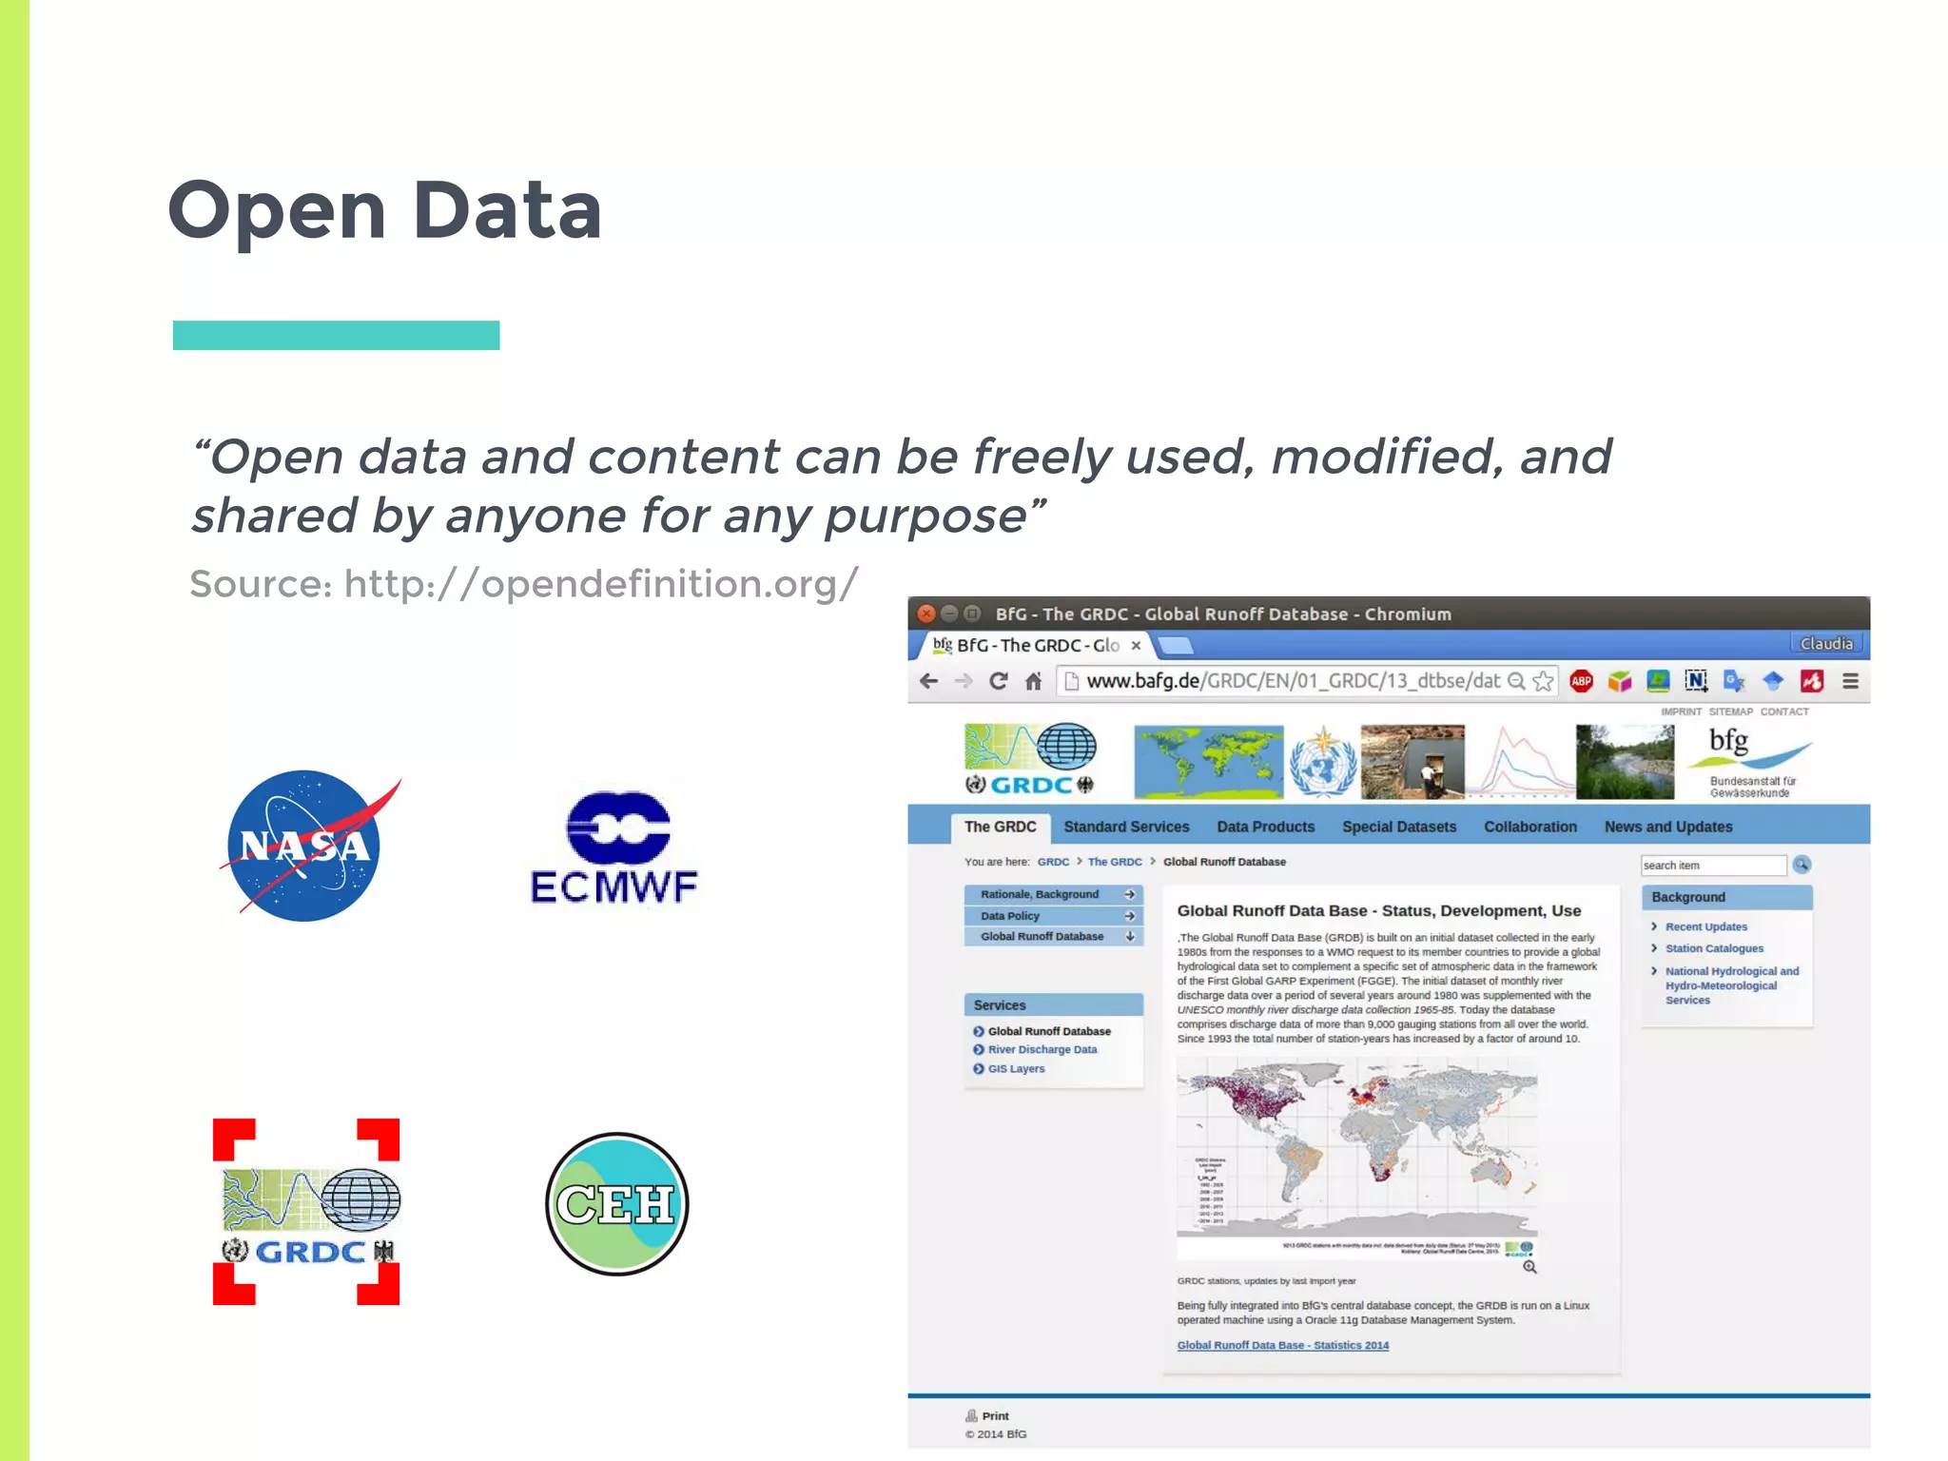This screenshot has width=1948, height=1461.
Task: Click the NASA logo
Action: pos(304,846)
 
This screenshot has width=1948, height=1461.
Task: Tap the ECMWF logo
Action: pos(615,847)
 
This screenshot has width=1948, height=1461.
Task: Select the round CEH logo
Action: pos(616,1204)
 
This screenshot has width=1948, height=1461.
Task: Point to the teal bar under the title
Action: pos(336,336)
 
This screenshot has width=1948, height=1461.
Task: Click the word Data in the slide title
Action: pos(507,210)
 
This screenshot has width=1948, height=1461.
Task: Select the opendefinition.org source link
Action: pos(601,584)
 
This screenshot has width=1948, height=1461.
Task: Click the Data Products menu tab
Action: pos(1265,827)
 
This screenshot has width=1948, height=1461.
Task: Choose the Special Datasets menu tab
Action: pos(1398,827)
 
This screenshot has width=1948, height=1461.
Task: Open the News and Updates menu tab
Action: pos(1667,827)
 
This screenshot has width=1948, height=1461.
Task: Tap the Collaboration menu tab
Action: pos(1529,827)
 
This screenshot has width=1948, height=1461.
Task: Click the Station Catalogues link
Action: pos(1713,948)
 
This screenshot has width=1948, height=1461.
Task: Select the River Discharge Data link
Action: pos(1042,1050)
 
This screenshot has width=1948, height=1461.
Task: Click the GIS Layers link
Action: pos(1016,1069)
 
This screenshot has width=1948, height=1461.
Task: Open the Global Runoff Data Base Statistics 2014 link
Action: pos(1282,1345)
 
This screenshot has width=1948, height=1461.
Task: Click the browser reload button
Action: pos(998,681)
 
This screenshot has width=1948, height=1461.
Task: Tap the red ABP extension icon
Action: pos(1581,681)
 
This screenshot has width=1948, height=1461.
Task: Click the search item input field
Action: pos(1712,865)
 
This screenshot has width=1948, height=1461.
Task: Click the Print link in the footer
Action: pos(995,1416)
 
